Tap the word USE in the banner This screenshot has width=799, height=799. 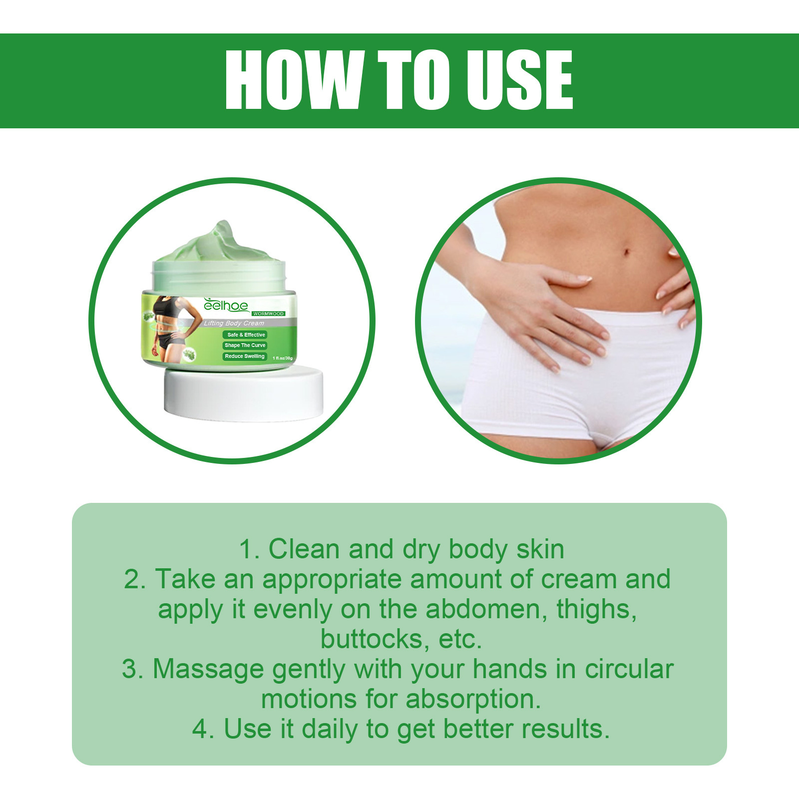[x=519, y=80]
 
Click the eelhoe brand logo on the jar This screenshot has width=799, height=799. [x=226, y=306]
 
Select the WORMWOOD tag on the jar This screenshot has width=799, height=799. [x=268, y=314]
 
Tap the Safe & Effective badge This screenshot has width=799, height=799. [x=246, y=335]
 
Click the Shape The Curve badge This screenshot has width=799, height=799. [x=245, y=345]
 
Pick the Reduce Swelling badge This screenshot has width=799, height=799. [x=244, y=356]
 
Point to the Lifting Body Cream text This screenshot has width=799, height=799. [x=234, y=323]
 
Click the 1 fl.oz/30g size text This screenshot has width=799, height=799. [x=282, y=358]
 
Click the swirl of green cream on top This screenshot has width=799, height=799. [x=220, y=243]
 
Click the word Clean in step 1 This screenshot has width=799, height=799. [x=304, y=549]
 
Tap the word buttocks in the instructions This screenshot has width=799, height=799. [x=375, y=639]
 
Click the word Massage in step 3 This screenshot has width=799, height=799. [x=207, y=669]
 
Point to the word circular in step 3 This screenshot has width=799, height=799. [x=629, y=669]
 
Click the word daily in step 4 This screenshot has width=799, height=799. [x=330, y=729]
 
